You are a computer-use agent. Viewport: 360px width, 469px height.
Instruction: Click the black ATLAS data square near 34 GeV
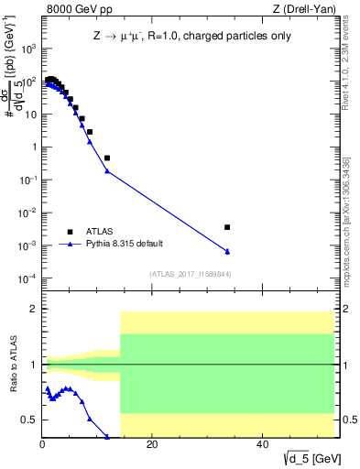(x=227, y=227)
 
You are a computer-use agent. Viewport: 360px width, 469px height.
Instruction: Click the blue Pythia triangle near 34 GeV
(x=227, y=252)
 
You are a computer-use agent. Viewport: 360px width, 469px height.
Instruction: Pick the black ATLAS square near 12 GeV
(x=107, y=158)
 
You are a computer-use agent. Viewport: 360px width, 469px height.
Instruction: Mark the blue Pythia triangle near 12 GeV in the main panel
(x=107, y=171)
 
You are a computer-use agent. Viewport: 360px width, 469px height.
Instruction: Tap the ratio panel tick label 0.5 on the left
(x=30, y=420)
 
